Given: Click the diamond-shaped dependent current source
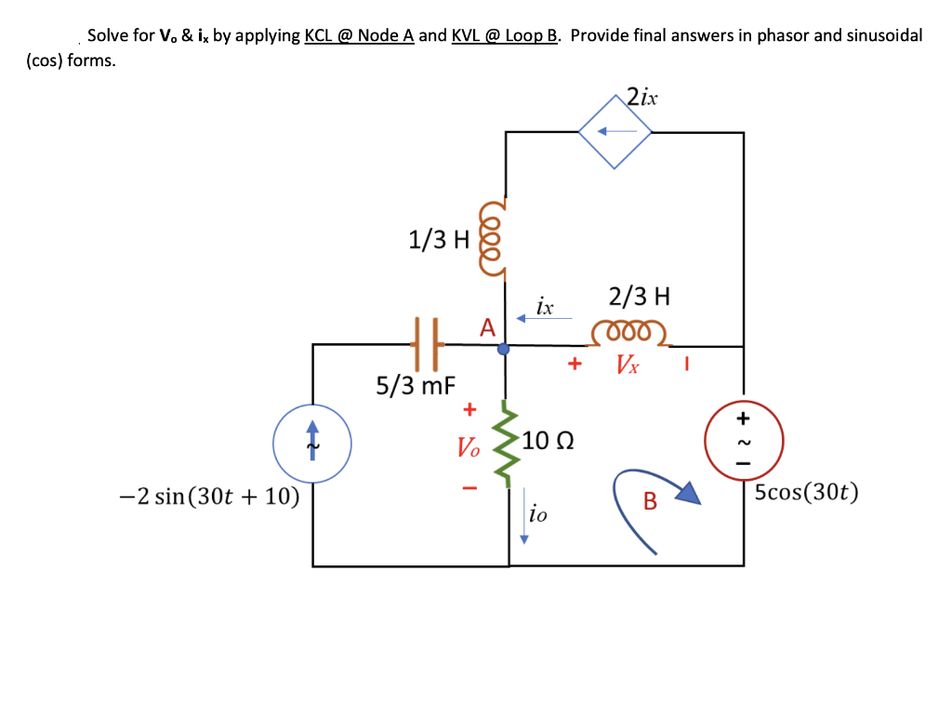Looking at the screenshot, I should (615, 132).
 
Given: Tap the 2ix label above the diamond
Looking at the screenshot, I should (641, 96).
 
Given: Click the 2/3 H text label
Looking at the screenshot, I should (639, 298).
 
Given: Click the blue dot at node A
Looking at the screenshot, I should (504, 350).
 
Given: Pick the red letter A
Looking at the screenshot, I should (487, 327).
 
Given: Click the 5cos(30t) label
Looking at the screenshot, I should (806, 493).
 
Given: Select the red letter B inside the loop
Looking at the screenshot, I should (650, 503).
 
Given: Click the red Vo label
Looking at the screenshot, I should (469, 448).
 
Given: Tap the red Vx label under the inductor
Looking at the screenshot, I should (628, 365).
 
